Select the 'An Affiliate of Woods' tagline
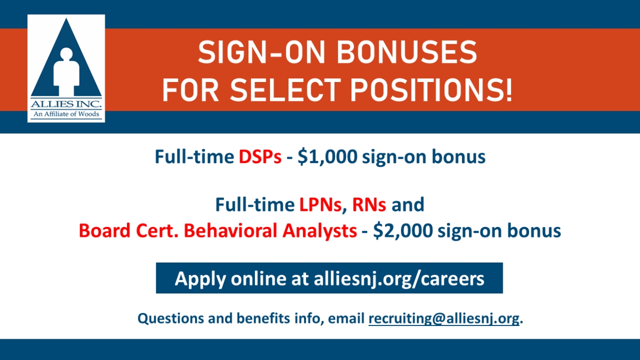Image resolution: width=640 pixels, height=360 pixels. (x=66, y=114)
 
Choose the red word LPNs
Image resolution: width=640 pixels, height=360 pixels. (x=321, y=205)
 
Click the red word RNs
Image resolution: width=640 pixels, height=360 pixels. (x=369, y=205)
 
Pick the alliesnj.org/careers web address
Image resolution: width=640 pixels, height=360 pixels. (x=399, y=279)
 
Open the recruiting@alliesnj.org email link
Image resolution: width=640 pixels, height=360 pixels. (x=444, y=319)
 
